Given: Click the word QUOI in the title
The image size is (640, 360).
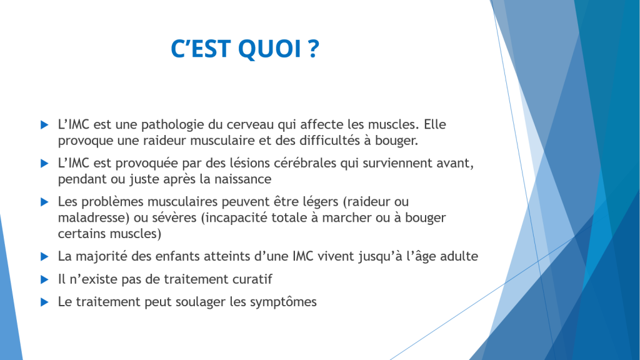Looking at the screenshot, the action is click(269, 49).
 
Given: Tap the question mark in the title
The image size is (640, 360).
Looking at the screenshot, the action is click(313, 48).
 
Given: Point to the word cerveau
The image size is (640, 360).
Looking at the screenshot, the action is click(249, 124).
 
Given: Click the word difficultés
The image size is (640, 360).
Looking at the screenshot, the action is click(329, 141).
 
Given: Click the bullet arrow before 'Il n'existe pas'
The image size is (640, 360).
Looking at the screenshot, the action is click(44, 279).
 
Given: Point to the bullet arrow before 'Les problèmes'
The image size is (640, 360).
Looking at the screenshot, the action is click(44, 202).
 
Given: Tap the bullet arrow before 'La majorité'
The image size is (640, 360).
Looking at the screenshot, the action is click(44, 257).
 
